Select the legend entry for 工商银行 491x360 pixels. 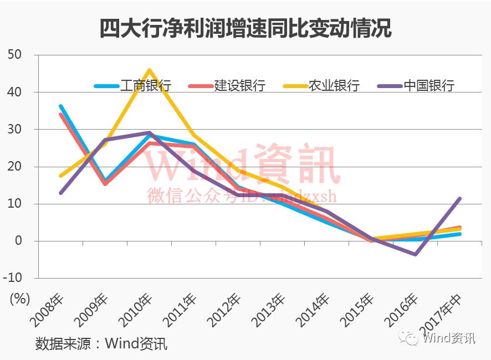point(133,86)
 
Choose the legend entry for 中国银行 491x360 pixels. point(416,86)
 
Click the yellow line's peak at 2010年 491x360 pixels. point(150,70)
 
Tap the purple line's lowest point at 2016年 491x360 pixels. point(415,254)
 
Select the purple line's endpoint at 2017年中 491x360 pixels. point(459,199)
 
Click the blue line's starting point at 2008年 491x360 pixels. point(60,106)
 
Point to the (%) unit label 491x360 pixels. point(19,299)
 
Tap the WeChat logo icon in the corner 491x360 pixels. point(412,338)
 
